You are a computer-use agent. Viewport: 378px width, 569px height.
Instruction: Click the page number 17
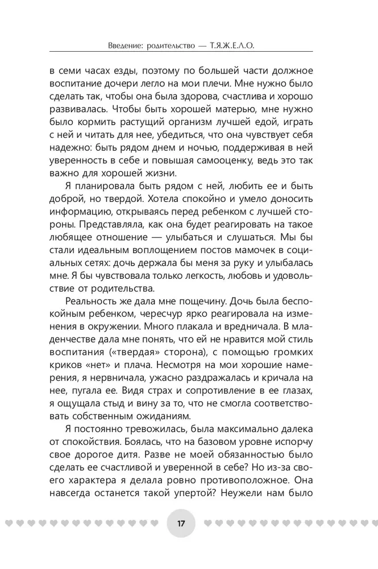point(181,522)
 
